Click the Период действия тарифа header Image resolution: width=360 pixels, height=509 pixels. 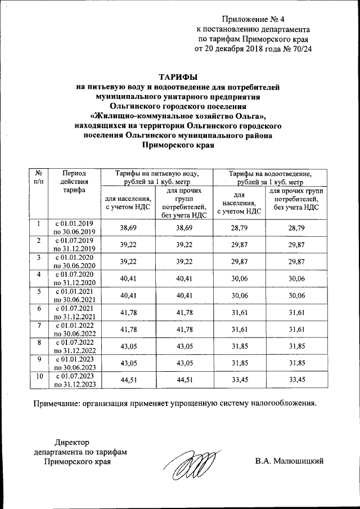click(74, 182)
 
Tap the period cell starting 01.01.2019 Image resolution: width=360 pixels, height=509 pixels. click(74, 227)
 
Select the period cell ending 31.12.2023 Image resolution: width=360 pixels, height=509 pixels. click(74, 380)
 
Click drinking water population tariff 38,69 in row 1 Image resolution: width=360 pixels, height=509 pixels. click(128, 227)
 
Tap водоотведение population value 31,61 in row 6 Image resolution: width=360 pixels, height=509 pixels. click(239, 312)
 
